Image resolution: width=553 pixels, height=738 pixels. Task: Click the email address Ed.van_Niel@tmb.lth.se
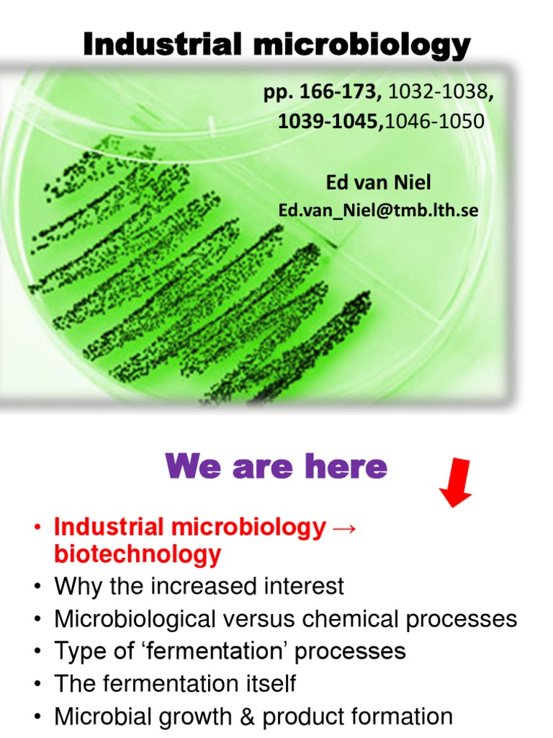pos(379,210)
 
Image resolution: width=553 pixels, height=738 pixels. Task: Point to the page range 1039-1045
pos(331,121)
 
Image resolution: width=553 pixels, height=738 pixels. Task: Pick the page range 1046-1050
pos(435,121)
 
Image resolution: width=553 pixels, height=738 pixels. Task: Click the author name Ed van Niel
pos(379,182)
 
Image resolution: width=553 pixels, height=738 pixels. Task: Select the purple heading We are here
pos(276,467)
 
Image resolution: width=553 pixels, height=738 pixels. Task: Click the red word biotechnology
pos(138,555)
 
